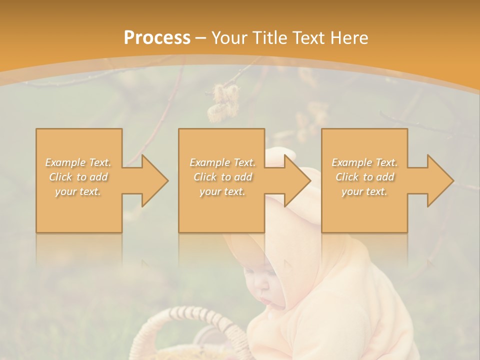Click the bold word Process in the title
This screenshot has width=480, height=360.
pyautogui.click(x=157, y=37)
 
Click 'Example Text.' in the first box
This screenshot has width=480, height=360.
pyautogui.click(x=78, y=162)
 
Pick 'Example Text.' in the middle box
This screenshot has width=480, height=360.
pyautogui.click(x=222, y=162)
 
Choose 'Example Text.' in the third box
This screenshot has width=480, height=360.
pyautogui.click(x=364, y=162)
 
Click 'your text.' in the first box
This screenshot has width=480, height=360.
pyautogui.click(x=78, y=191)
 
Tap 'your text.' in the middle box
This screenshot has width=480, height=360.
pyautogui.click(x=222, y=191)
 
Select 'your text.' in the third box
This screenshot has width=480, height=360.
pyautogui.click(x=364, y=191)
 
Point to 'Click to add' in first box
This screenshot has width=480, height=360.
pyautogui.click(x=78, y=177)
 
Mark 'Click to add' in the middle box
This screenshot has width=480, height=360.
pyautogui.click(x=222, y=177)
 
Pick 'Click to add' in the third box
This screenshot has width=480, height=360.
pyautogui.click(x=364, y=177)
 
